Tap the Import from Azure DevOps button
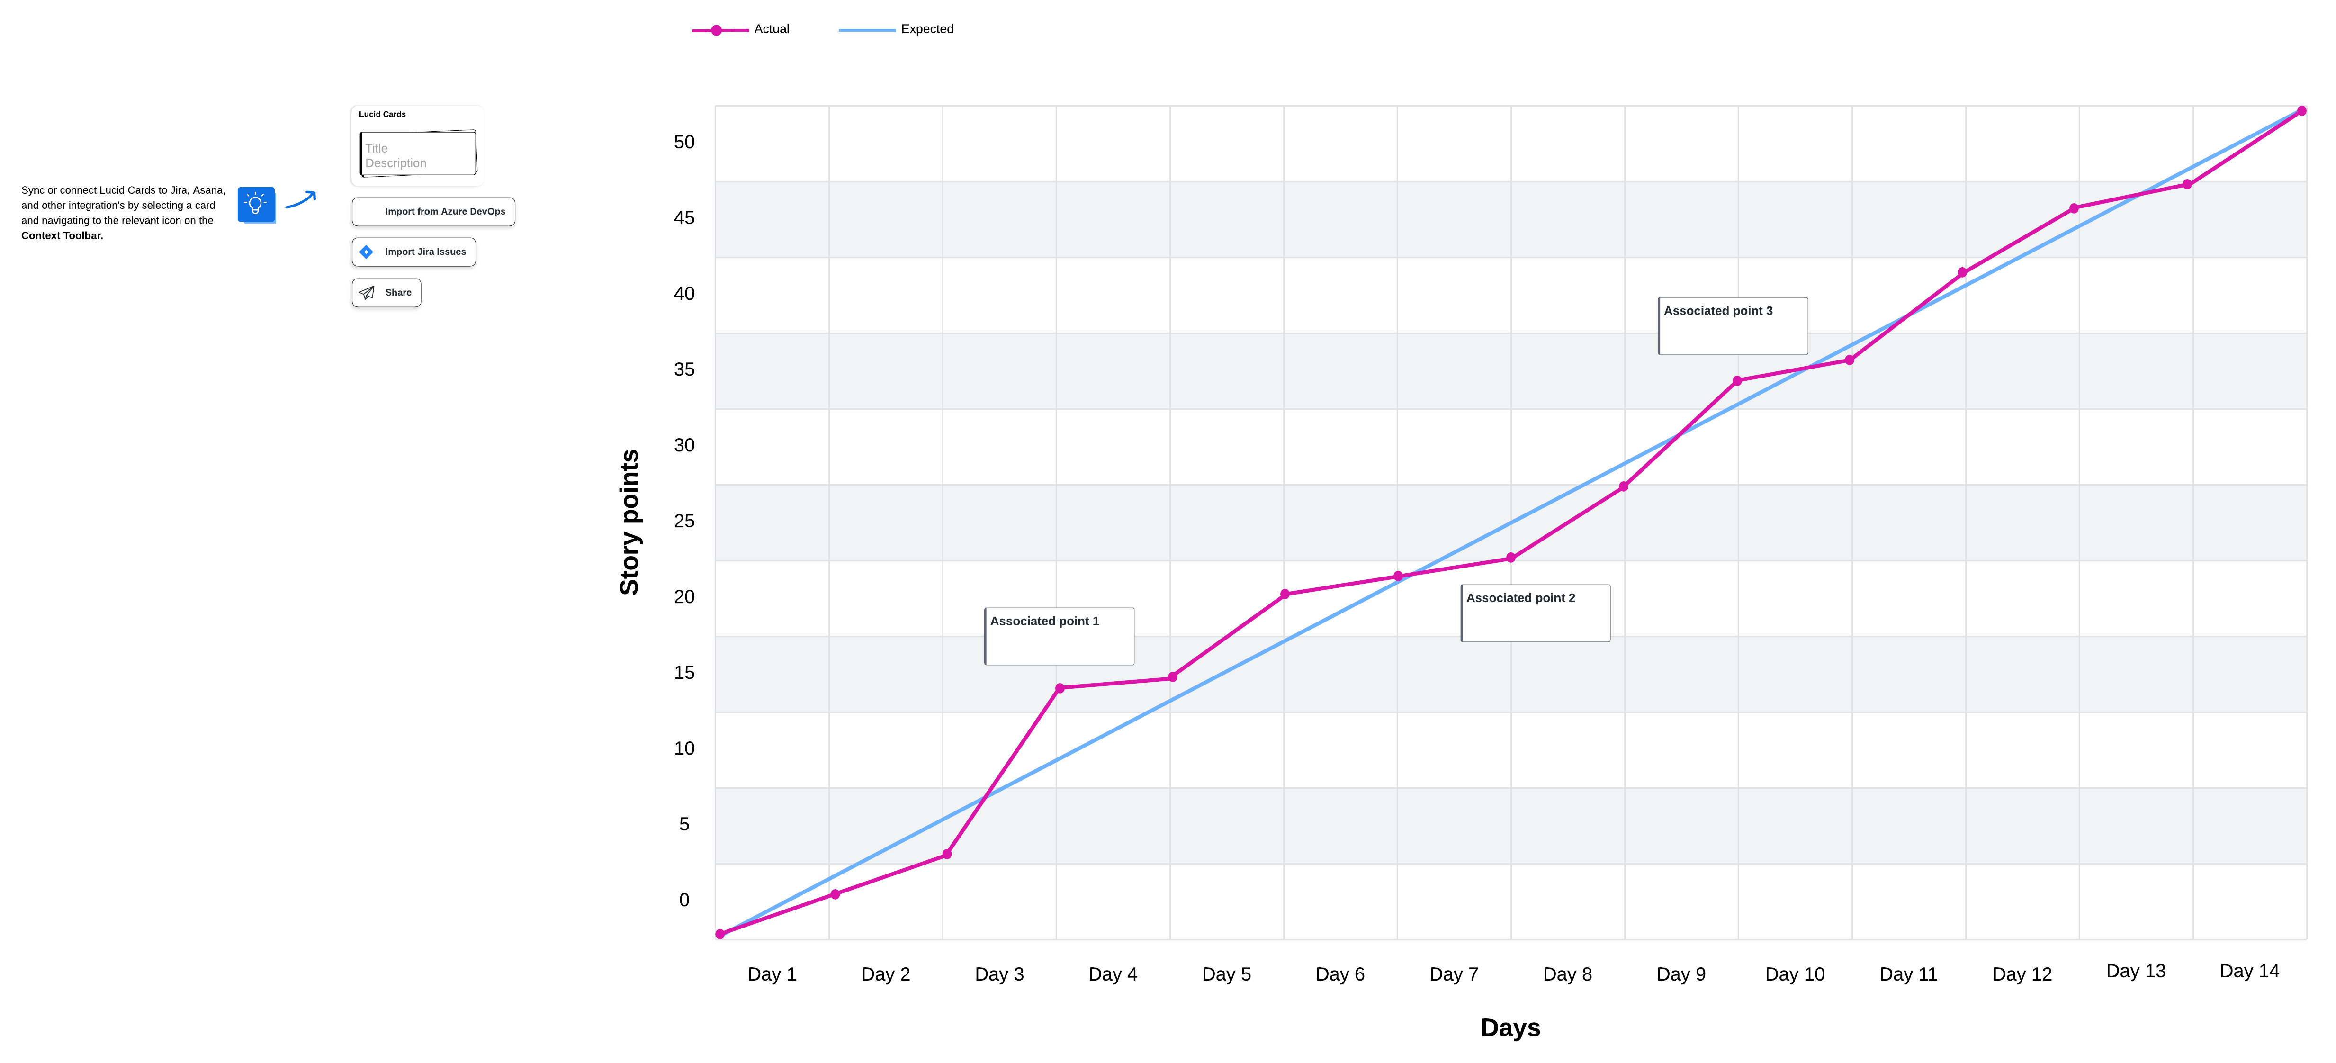[433, 211]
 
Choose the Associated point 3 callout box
[1732, 325]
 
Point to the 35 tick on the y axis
[684, 369]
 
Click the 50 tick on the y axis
[684, 143]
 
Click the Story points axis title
[629, 522]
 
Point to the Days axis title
[1510, 1027]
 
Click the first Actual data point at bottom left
[720, 934]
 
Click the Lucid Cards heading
[382, 114]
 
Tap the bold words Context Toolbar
[62, 236]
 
